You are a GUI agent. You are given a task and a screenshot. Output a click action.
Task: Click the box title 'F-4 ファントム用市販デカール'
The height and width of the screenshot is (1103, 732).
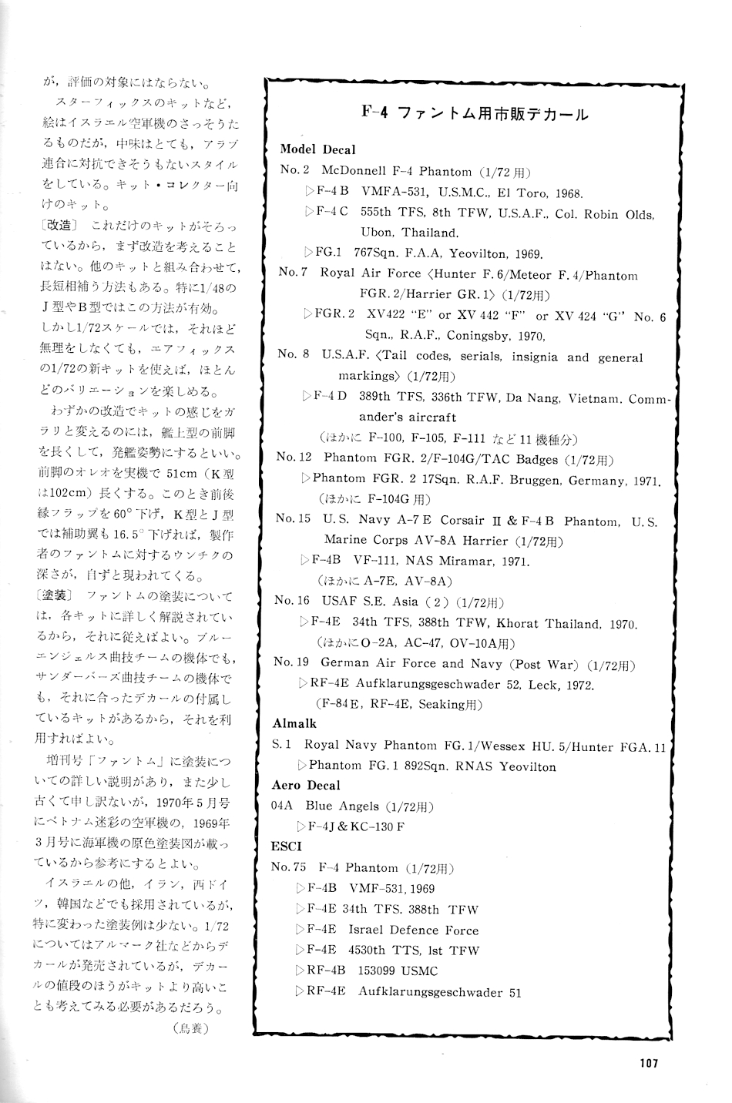pos(475,113)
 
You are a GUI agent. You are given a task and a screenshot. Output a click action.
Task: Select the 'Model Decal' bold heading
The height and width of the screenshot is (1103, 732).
pos(317,149)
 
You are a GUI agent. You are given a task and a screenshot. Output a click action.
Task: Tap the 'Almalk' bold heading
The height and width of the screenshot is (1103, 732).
pos(294,723)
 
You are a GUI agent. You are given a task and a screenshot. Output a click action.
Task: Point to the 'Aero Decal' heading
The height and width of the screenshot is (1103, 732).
pos(306,785)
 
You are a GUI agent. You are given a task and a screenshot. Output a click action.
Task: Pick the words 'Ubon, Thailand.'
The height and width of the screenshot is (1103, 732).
pos(409,232)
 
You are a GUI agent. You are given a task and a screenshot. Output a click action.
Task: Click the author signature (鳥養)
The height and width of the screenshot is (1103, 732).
pos(190,1028)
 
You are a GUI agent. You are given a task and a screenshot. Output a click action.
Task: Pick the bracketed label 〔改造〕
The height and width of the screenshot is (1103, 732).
pos(56,226)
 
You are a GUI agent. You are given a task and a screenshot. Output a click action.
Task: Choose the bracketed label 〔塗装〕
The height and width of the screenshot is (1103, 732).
pos(55,596)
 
